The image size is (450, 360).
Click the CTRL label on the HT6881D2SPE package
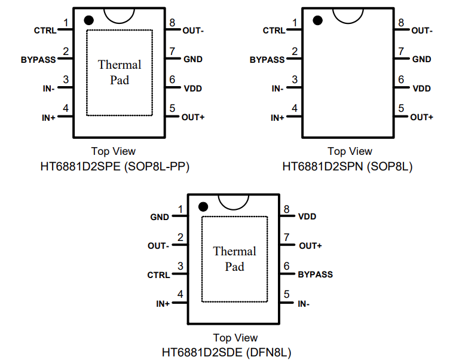coord(45,30)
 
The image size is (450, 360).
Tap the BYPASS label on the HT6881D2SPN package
coord(267,60)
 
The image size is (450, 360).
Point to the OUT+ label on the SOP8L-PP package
coord(193,117)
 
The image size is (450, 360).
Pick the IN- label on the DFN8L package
coord(304,304)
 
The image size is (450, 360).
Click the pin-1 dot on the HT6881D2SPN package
coord(317,20)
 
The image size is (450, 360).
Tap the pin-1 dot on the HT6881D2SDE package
coord(203,207)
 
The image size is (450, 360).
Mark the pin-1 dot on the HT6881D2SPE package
coord(88,20)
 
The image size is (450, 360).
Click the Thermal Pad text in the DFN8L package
coord(234,259)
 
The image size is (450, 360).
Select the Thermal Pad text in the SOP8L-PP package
coord(120,72)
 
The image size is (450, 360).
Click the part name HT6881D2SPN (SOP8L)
coord(347,166)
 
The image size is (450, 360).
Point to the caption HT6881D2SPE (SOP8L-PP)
coord(115,166)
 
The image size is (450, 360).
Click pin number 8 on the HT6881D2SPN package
coord(401,23)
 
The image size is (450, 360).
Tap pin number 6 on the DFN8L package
coord(287,267)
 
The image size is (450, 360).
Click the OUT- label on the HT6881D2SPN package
coord(422,30)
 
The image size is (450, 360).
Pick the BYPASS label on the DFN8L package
coord(315,274)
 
